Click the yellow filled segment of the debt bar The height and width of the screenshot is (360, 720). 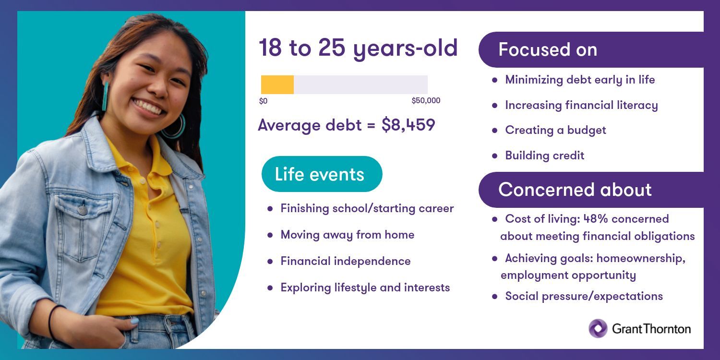pyautogui.click(x=277, y=84)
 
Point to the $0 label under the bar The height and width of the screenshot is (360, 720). pyautogui.click(x=263, y=101)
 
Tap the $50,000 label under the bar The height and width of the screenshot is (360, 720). pyautogui.click(x=426, y=101)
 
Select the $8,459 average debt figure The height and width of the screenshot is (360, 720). pyautogui.click(x=408, y=125)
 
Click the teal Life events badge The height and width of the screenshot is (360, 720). pyautogui.click(x=322, y=174)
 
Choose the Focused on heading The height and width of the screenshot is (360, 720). pyautogui.click(x=548, y=49)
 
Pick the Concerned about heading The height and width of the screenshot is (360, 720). pyautogui.click(x=575, y=189)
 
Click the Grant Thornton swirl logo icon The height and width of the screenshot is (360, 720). pyautogui.click(x=598, y=328)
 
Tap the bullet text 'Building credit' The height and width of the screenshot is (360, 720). pyautogui.click(x=544, y=156)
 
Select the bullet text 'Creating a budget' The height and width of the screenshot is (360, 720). pyautogui.click(x=555, y=130)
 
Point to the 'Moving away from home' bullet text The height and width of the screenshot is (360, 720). pyautogui.click(x=348, y=235)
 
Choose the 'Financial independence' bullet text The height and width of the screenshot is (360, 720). pyautogui.click(x=346, y=261)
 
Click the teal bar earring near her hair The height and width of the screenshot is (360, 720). pyautogui.click(x=105, y=96)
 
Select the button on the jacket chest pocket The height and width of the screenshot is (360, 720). pyautogui.click(x=83, y=210)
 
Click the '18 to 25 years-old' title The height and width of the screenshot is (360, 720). pyautogui.click(x=358, y=48)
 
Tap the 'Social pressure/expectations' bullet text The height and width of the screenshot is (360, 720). pyautogui.click(x=584, y=296)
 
